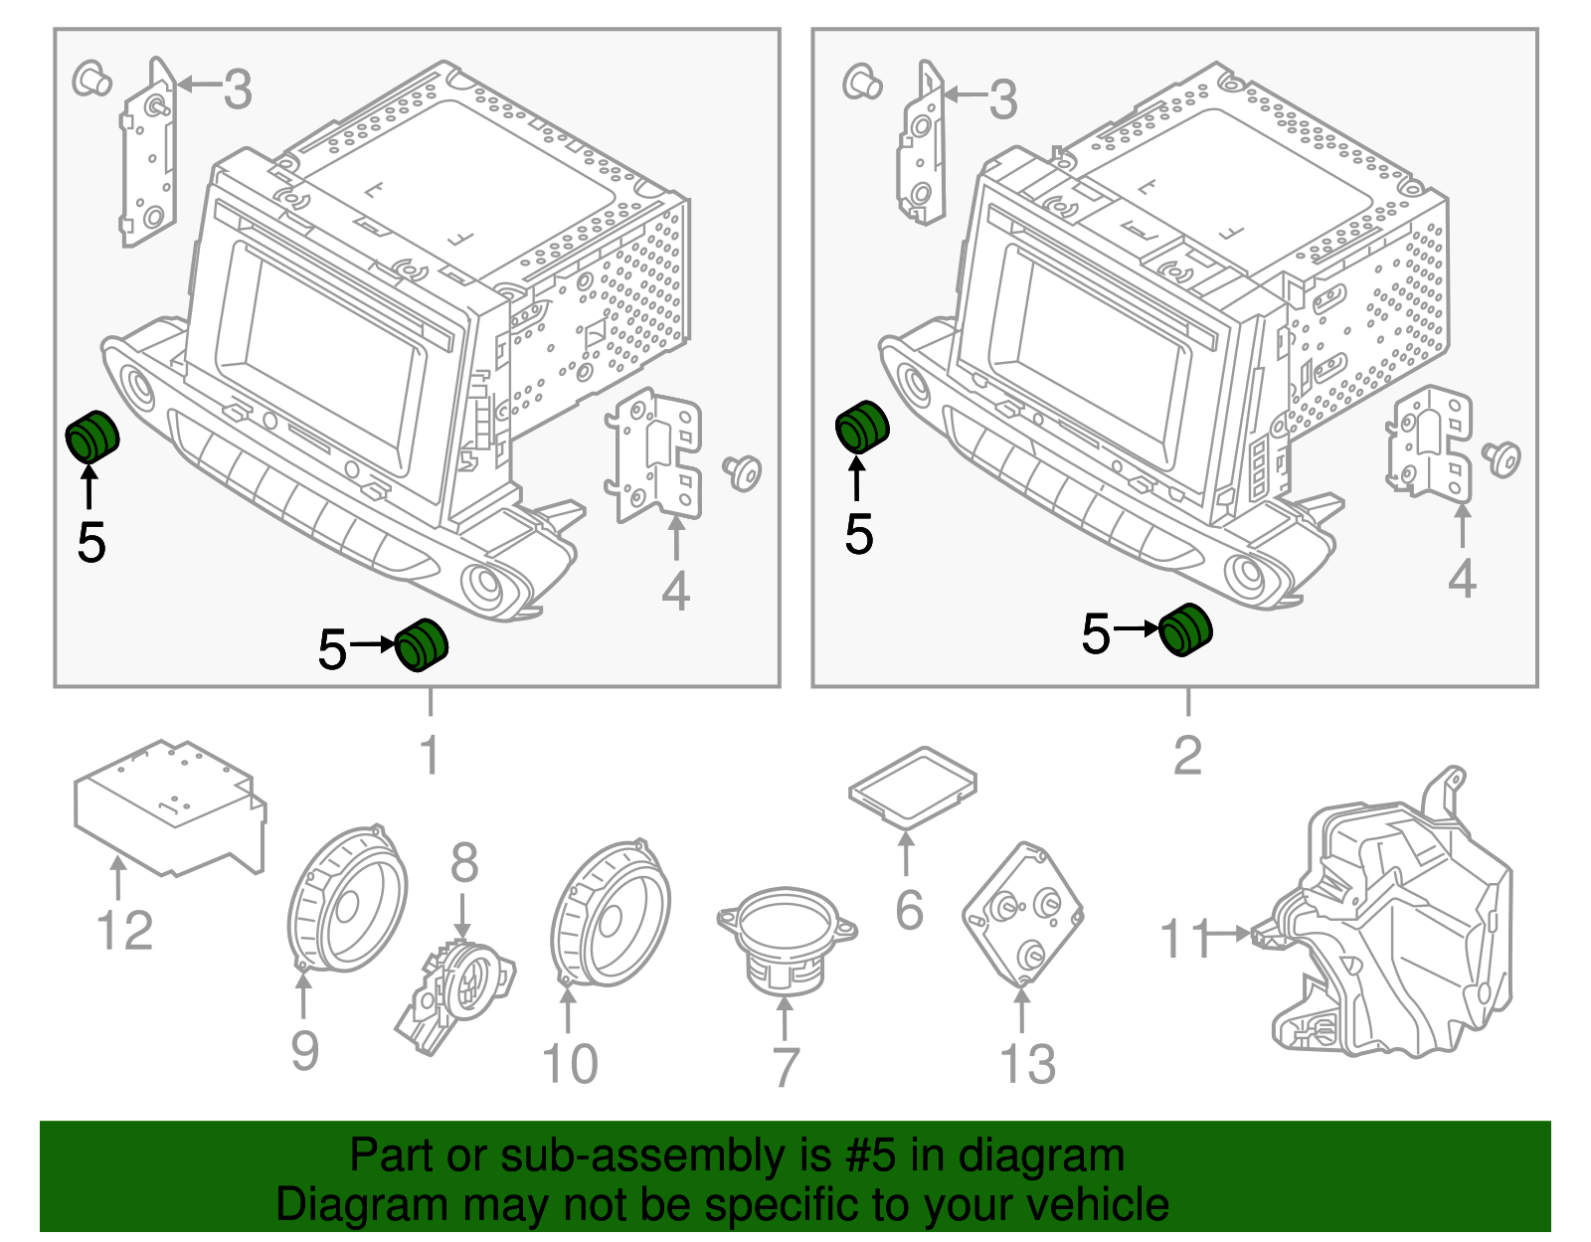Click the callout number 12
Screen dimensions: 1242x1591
(125, 931)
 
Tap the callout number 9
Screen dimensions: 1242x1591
(304, 1050)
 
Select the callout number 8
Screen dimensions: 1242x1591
(464, 863)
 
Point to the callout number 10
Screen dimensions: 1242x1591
(570, 1063)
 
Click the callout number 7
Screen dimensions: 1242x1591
(786, 1067)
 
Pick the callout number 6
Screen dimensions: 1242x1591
(909, 910)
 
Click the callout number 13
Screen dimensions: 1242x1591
(1027, 1064)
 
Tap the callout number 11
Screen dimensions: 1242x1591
(1185, 938)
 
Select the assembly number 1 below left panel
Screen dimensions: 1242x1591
(430, 756)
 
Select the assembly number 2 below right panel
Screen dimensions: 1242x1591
(1187, 756)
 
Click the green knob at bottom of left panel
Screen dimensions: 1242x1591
(422, 644)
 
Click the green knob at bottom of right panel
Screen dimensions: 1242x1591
(1185, 629)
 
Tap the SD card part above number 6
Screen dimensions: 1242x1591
(913, 787)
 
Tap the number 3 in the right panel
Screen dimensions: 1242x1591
(1002, 99)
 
